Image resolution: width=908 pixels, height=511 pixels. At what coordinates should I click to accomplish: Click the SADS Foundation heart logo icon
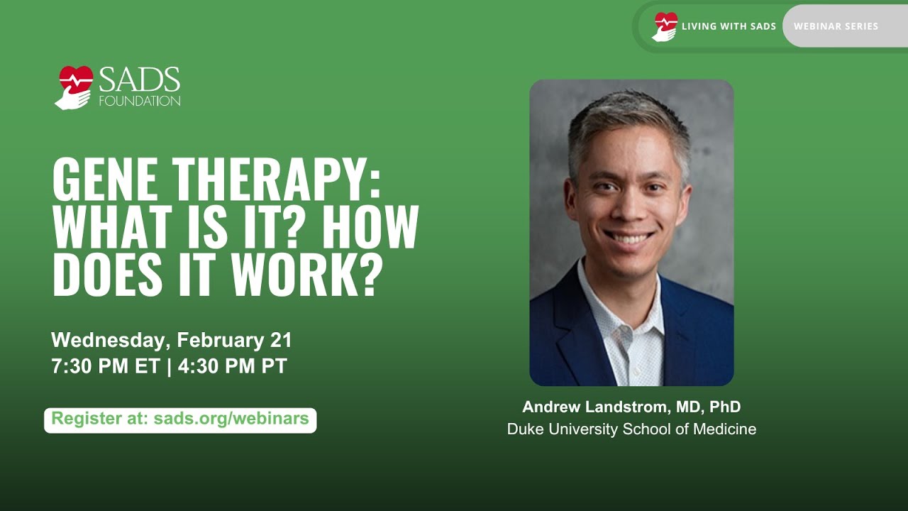click(x=74, y=87)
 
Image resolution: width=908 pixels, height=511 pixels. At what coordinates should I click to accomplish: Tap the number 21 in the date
click(x=281, y=340)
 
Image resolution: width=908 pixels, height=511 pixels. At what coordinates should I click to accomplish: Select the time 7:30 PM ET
click(x=105, y=366)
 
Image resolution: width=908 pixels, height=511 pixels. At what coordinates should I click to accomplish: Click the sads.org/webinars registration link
click(x=231, y=419)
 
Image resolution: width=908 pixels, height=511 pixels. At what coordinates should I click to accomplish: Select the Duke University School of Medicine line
click(x=631, y=429)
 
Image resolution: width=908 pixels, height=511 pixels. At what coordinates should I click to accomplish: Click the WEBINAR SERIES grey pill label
click(x=836, y=26)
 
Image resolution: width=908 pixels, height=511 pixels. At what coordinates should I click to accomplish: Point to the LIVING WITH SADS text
click(x=729, y=26)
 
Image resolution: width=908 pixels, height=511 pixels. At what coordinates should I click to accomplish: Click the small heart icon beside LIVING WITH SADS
click(x=665, y=26)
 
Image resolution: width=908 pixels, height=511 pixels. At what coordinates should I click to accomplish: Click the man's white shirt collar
click(x=603, y=298)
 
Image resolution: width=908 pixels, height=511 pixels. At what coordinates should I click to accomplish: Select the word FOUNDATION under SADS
click(x=139, y=101)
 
